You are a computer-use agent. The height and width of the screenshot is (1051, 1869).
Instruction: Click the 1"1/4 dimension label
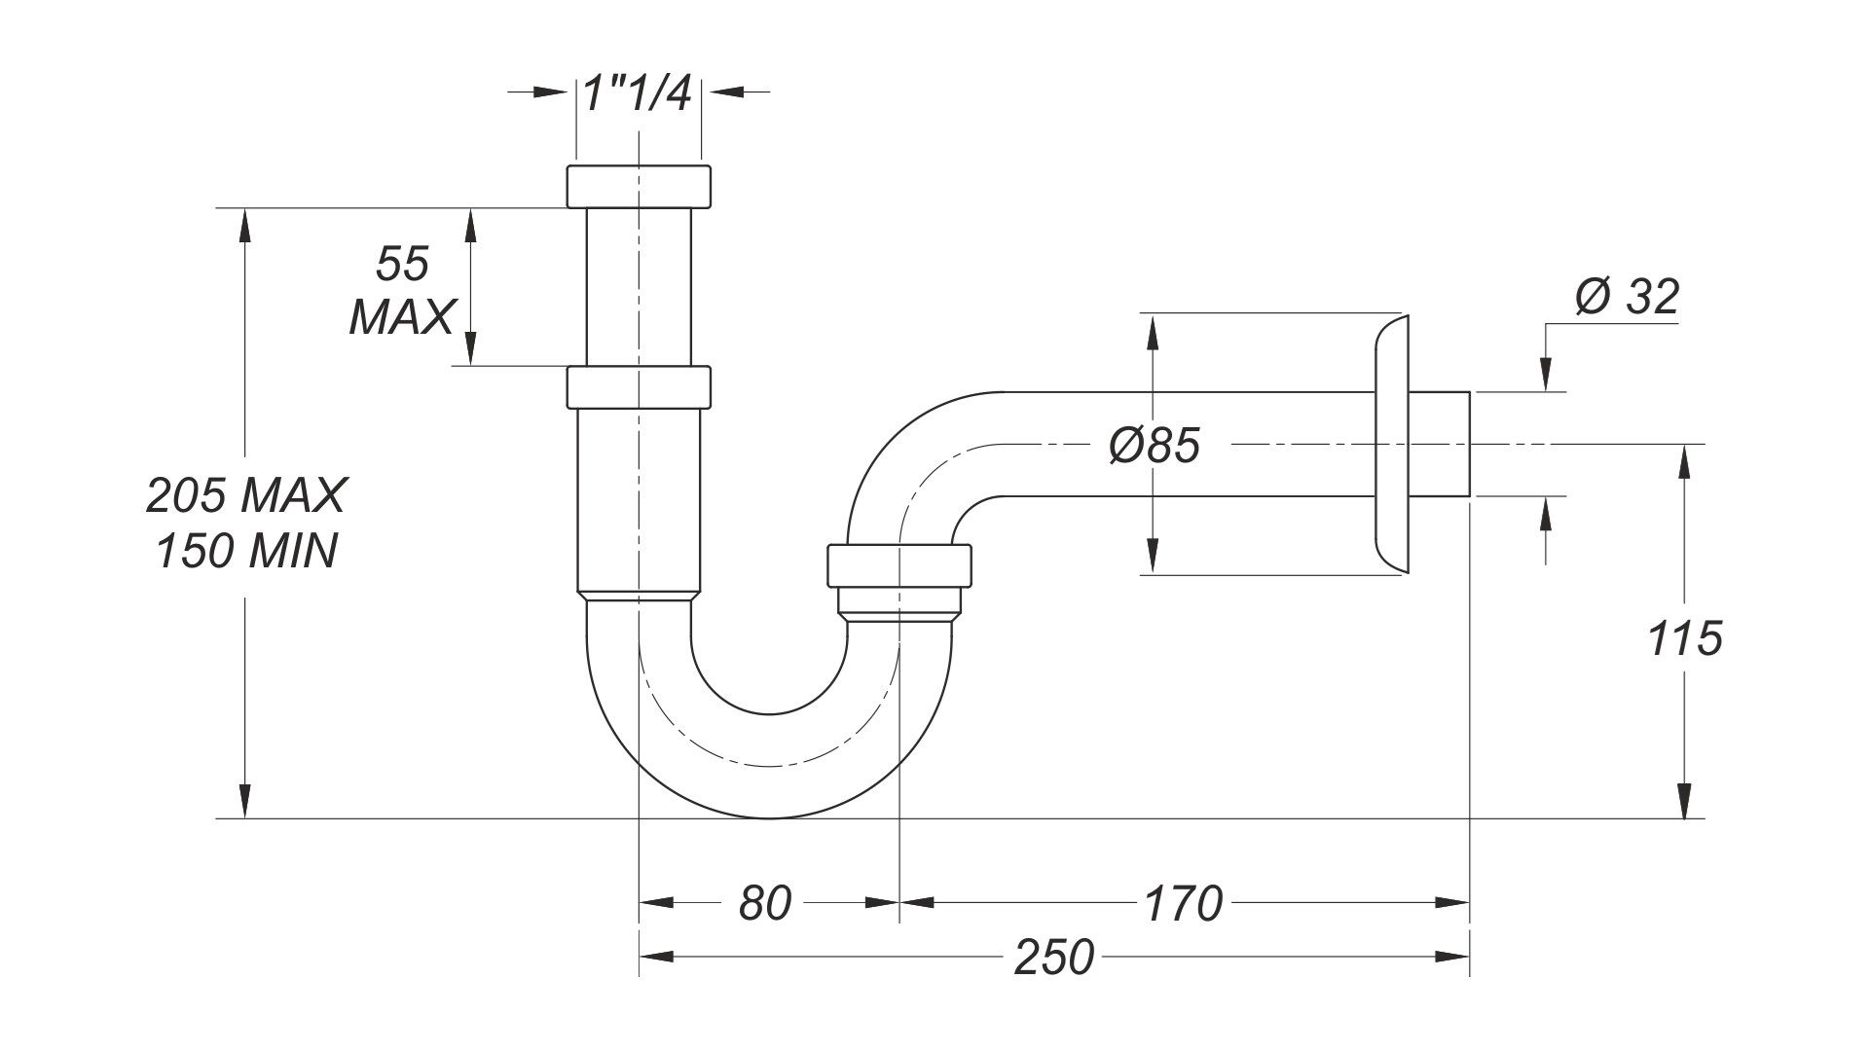[x=638, y=94]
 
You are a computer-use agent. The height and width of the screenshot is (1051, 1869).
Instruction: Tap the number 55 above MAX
[x=402, y=265]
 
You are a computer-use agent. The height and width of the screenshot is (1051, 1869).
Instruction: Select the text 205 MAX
[x=245, y=495]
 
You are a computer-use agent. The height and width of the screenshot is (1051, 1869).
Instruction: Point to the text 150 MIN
[x=245, y=552]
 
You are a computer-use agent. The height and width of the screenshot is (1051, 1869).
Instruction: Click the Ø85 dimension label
[x=1154, y=446]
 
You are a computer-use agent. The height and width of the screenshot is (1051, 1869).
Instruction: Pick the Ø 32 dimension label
[x=1627, y=297]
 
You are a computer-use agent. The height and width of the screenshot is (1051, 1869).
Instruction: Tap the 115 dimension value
[x=1685, y=639]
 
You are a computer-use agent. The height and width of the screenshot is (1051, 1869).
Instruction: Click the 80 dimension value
[x=764, y=903]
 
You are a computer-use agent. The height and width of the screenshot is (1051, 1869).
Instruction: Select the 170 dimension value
[x=1182, y=903]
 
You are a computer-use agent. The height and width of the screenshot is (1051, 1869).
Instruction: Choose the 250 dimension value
[x=1053, y=958]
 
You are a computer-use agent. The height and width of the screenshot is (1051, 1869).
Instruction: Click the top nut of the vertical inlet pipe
[x=639, y=186]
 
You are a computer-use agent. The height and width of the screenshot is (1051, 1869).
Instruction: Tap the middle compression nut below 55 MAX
[x=639, y=386]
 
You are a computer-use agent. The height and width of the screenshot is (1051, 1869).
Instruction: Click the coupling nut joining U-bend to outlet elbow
[x=899, y=566]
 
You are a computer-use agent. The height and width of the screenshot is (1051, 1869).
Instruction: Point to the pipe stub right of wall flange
[x=1439, y=445]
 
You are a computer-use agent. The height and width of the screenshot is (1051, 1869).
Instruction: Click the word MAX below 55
[x=402, y=316]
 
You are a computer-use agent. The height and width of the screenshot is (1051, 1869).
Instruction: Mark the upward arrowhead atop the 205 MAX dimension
[x=244, y=222]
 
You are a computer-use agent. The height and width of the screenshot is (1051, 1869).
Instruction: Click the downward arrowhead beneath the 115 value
[x=1685, y=803]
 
